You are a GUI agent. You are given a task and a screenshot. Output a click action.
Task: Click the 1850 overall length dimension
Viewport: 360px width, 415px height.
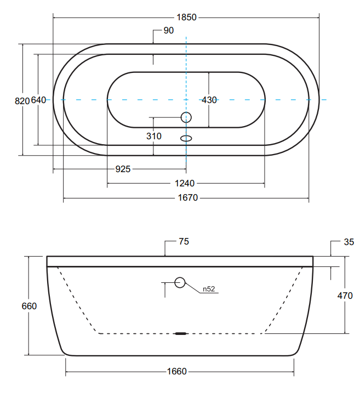tap(186, 18)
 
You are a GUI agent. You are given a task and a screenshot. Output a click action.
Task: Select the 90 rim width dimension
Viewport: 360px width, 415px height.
tap(169, 31)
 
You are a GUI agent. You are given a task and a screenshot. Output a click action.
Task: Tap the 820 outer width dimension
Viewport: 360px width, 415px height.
tap(22, 101)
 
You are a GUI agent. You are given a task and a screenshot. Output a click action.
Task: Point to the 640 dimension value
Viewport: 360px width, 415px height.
tap(38, 100)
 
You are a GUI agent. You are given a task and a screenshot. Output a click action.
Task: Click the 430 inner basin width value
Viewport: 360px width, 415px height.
tap(209, 100)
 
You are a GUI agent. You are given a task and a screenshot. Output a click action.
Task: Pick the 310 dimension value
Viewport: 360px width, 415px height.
tap(153, 136)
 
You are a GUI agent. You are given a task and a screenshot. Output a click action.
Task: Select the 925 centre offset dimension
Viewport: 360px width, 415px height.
tap(123, 169)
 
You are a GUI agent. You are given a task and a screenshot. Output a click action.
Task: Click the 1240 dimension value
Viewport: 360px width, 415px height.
tap(185, 184)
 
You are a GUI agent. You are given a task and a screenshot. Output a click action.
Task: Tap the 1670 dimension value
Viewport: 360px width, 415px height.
tap(188, 198)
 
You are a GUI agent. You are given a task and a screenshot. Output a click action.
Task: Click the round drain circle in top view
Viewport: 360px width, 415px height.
tap(186, 117)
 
